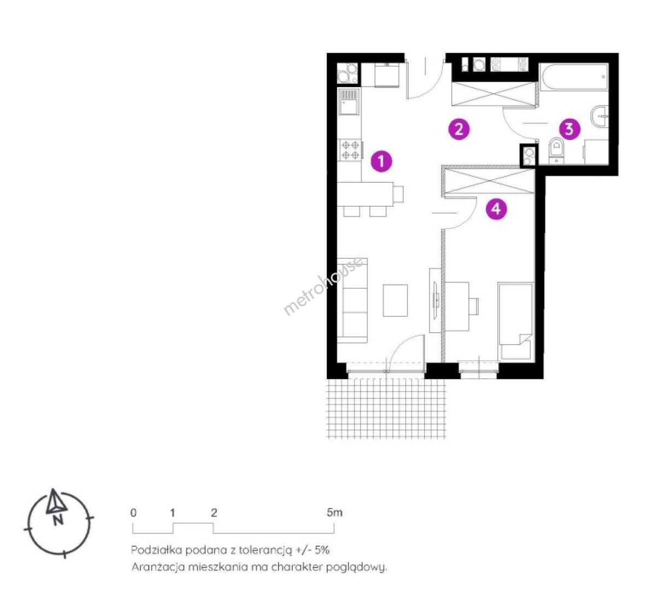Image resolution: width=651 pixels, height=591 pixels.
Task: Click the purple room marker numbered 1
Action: click(381, 161)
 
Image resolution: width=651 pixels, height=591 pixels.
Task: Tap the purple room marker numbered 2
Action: click(459, 129)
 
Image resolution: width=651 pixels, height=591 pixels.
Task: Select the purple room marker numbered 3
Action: click(569, 129)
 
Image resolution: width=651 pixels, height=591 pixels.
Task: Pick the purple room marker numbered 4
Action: click(496, 208)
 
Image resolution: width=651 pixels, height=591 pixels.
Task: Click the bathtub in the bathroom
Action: click(574, 77)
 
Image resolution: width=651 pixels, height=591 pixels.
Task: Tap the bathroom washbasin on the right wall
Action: click(600, 117)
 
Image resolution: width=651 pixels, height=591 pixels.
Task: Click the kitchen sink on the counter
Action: click(348, 101)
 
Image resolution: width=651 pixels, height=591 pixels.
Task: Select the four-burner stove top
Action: click(351, 150)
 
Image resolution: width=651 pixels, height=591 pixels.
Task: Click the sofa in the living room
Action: click(352, 300)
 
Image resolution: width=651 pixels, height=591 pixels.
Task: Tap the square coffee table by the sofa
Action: click(395, 300)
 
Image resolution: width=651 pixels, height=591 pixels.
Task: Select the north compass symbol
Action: click(58, 523)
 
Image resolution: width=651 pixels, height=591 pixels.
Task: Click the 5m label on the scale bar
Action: click(335, 513)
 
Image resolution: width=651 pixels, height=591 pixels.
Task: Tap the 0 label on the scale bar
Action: click(133, 513)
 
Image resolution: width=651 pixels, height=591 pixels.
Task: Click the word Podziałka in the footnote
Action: click(156, 551)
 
